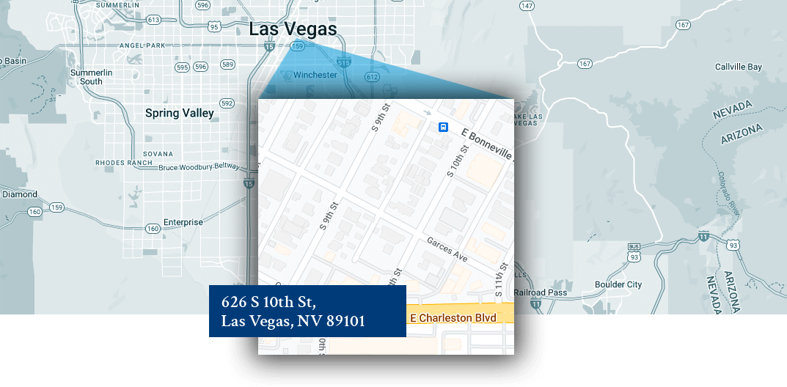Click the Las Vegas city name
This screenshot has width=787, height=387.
[293, 29]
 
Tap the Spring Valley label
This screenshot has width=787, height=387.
[179, 113]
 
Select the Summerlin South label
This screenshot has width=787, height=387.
[91, 77]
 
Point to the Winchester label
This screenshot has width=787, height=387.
[315, 75]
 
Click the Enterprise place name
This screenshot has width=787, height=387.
[183, 222]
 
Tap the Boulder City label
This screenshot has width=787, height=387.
[618, 284]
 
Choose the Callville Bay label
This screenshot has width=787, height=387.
[738, 67]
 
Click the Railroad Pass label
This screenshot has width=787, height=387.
[540, 292]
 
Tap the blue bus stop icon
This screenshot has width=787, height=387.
[443, 127]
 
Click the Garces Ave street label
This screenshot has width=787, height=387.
[447, 249]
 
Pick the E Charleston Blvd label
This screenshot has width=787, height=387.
[453, 317]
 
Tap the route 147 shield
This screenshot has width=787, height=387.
[526, 5]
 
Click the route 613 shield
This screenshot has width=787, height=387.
[153, 20]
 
